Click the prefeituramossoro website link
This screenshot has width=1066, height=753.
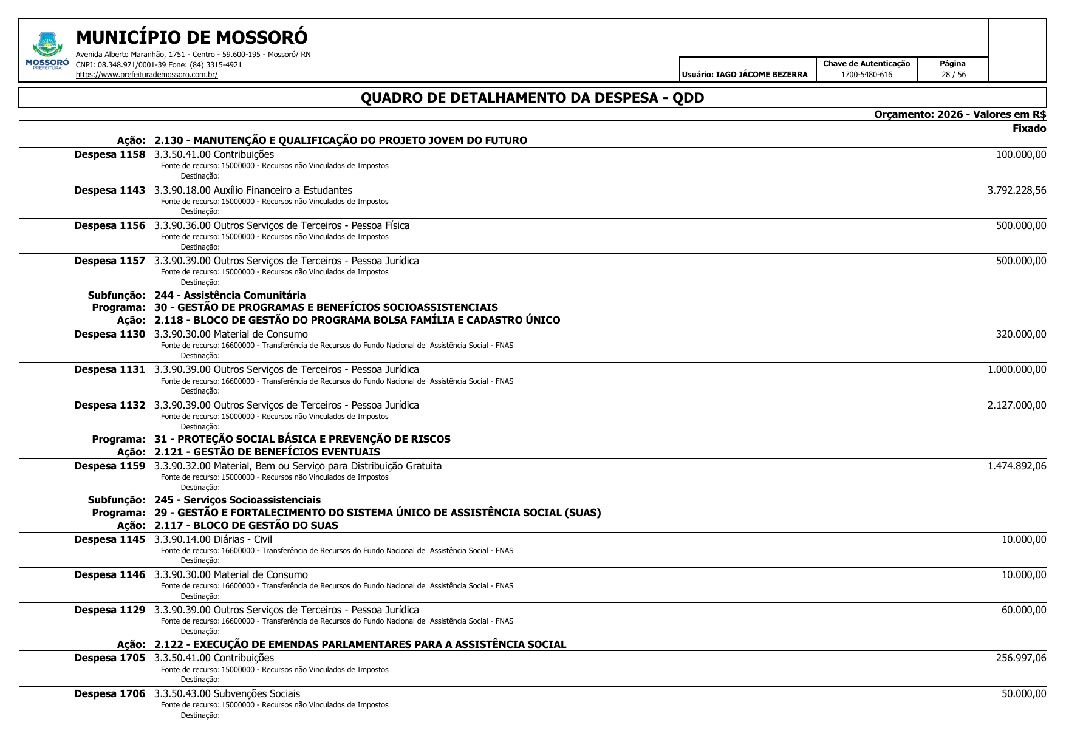[146, 75]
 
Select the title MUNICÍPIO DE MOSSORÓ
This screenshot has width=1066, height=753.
[191, 38]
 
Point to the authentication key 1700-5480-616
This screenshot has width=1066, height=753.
[866, 75]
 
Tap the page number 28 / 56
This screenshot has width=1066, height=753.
[953, 75]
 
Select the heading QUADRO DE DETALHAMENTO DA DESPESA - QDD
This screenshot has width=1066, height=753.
[532, 98]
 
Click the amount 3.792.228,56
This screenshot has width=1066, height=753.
[1016, 190]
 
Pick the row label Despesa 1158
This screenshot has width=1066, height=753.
[109, 155]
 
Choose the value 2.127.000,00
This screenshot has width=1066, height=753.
[1016, 405]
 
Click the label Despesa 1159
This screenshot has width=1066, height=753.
[109, 466]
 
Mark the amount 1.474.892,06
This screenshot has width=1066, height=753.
[1016, 466]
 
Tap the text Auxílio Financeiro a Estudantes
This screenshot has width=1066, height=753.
[282, 191]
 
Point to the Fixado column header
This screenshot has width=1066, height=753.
[1029, 128]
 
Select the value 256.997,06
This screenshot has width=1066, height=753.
[1020, 658]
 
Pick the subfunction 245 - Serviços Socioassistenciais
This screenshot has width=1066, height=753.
[237, 500]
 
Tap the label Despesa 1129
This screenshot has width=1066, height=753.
[109, 610]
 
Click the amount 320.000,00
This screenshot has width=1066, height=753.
[1020, 334]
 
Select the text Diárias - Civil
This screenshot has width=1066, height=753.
[242, 539]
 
